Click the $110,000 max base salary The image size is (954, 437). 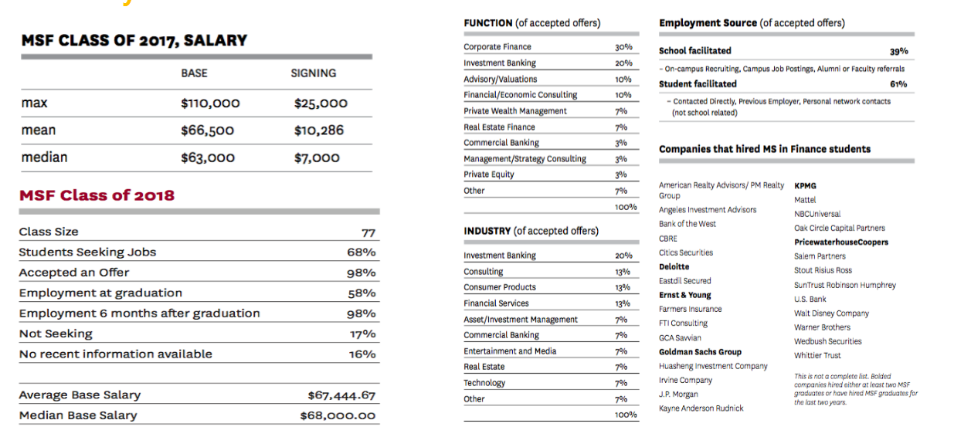pyautogui.click(x=210, y=103)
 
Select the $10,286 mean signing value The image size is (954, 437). pyautogui.click(x=318, y=130)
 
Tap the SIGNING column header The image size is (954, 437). pyautogui.click(x=314, y=73)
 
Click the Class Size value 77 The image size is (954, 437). pyautogui.click(x=368, y=232)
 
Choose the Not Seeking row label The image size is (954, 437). pyautogui.click(x=56, y=334)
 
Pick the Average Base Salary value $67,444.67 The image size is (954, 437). pyautogui.click(x=341, y=395)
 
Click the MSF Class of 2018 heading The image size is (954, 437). pyautogui.click(x=97, y=195)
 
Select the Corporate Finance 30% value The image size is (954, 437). pyautogui.click(x=623, y=47)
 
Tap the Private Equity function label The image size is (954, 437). pyautogui.click(x=489, y=174)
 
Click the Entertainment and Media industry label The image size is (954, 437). pyautogui.click(x=510, y=351)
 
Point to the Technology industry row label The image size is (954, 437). pyautogui.click(x=484, y=383)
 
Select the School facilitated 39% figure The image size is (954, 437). pyautogui.click(x=898, y=52)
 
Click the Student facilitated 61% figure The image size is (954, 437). pyautogui.click(x=898, y=84)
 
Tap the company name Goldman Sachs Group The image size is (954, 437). pyautogui.click(x=700, y=352)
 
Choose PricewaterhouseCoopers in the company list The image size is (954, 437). pyautogui.click(x=841, y=242)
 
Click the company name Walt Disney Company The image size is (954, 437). pyautogui.click(x=831, y=313)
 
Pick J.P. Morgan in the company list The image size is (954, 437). pyautogui.click(x=678, y=395)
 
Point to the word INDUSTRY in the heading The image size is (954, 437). pyautogui.click(x=487, y=231)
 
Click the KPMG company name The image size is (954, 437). pyautogui.click(x=805, y=186)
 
